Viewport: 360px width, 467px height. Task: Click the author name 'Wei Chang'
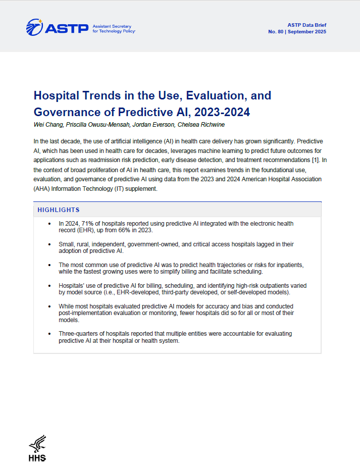[x=46, y=124]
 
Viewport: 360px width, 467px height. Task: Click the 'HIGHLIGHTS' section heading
[x=59, y=210]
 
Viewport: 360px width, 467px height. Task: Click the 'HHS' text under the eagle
[x=37, y=458]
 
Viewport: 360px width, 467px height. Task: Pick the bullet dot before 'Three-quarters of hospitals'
[x=48, y=334]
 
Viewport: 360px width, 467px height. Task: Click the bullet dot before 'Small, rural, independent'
[x=48, y=244]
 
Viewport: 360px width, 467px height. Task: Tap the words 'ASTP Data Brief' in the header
[x=307, y=25]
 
